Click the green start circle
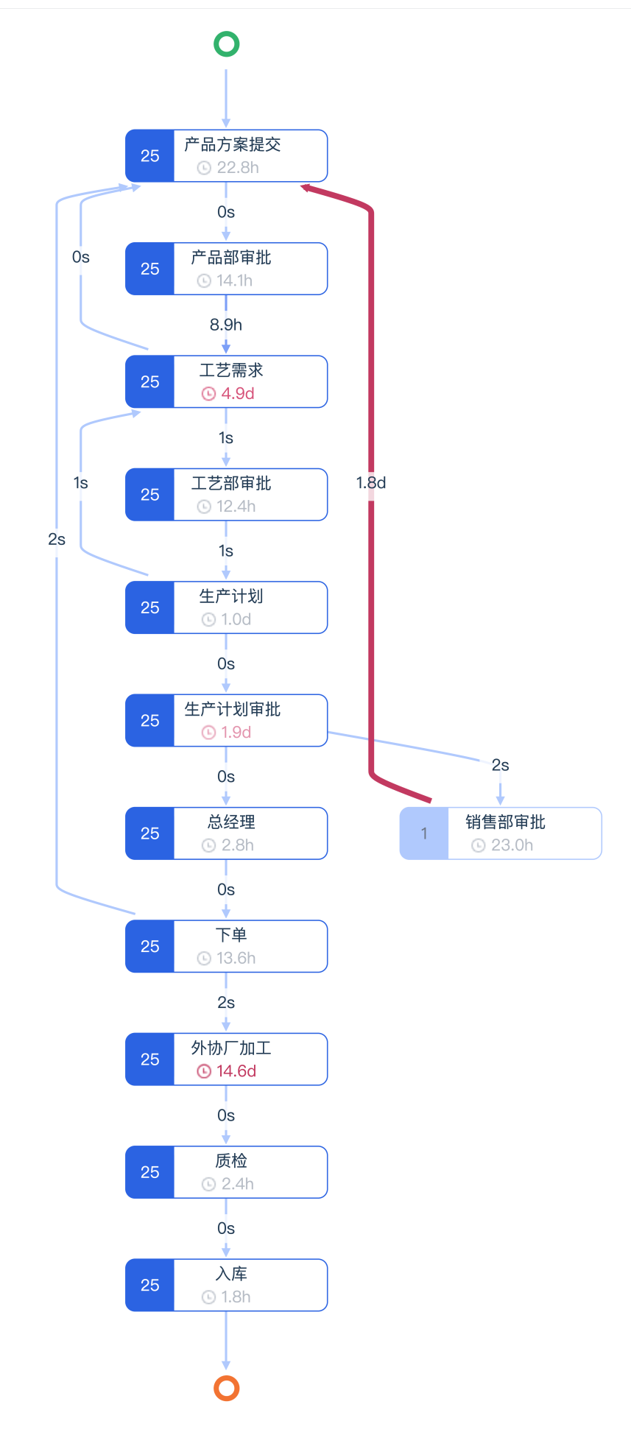pyautogui.click(x=226, y=44)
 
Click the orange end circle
pyautogui.click(x=226, y=1388)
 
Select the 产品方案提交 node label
pyautogui.click(x=232, y=144)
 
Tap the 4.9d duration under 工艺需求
pyautogui.click(x=238, y=393)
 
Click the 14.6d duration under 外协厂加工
pyautogui.click(x=236, y=1071)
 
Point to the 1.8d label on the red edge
pyautogui.click(x=371, y=482)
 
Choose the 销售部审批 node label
pyautogui.click(x=505, y=822)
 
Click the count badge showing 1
pyautogui.click(x=424, y=833)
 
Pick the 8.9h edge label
pyautogui.click(x=226, y=325)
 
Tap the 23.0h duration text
pyautogui.click(x=512, y=845)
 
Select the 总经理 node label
pyautogui.click(x=231, y=822)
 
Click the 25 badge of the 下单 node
pyautogui.click(x=150, y=946)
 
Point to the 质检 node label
pyautogui.click(x=231, y=1160)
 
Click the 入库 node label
pyautogui.click(x=231, y=1273)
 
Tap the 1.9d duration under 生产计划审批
pyautogui.click(x=236, y=732)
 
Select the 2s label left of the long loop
pyautogui.click(x=57, y=539)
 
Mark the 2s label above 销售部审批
pyautogui.click(x=501, y=765)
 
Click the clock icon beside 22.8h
pyautogui.click(x=204, y=168)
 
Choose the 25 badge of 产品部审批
pyautogui.click(x=150, y=269)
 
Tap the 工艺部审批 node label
pyautogui.click(x=231, y=483)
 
